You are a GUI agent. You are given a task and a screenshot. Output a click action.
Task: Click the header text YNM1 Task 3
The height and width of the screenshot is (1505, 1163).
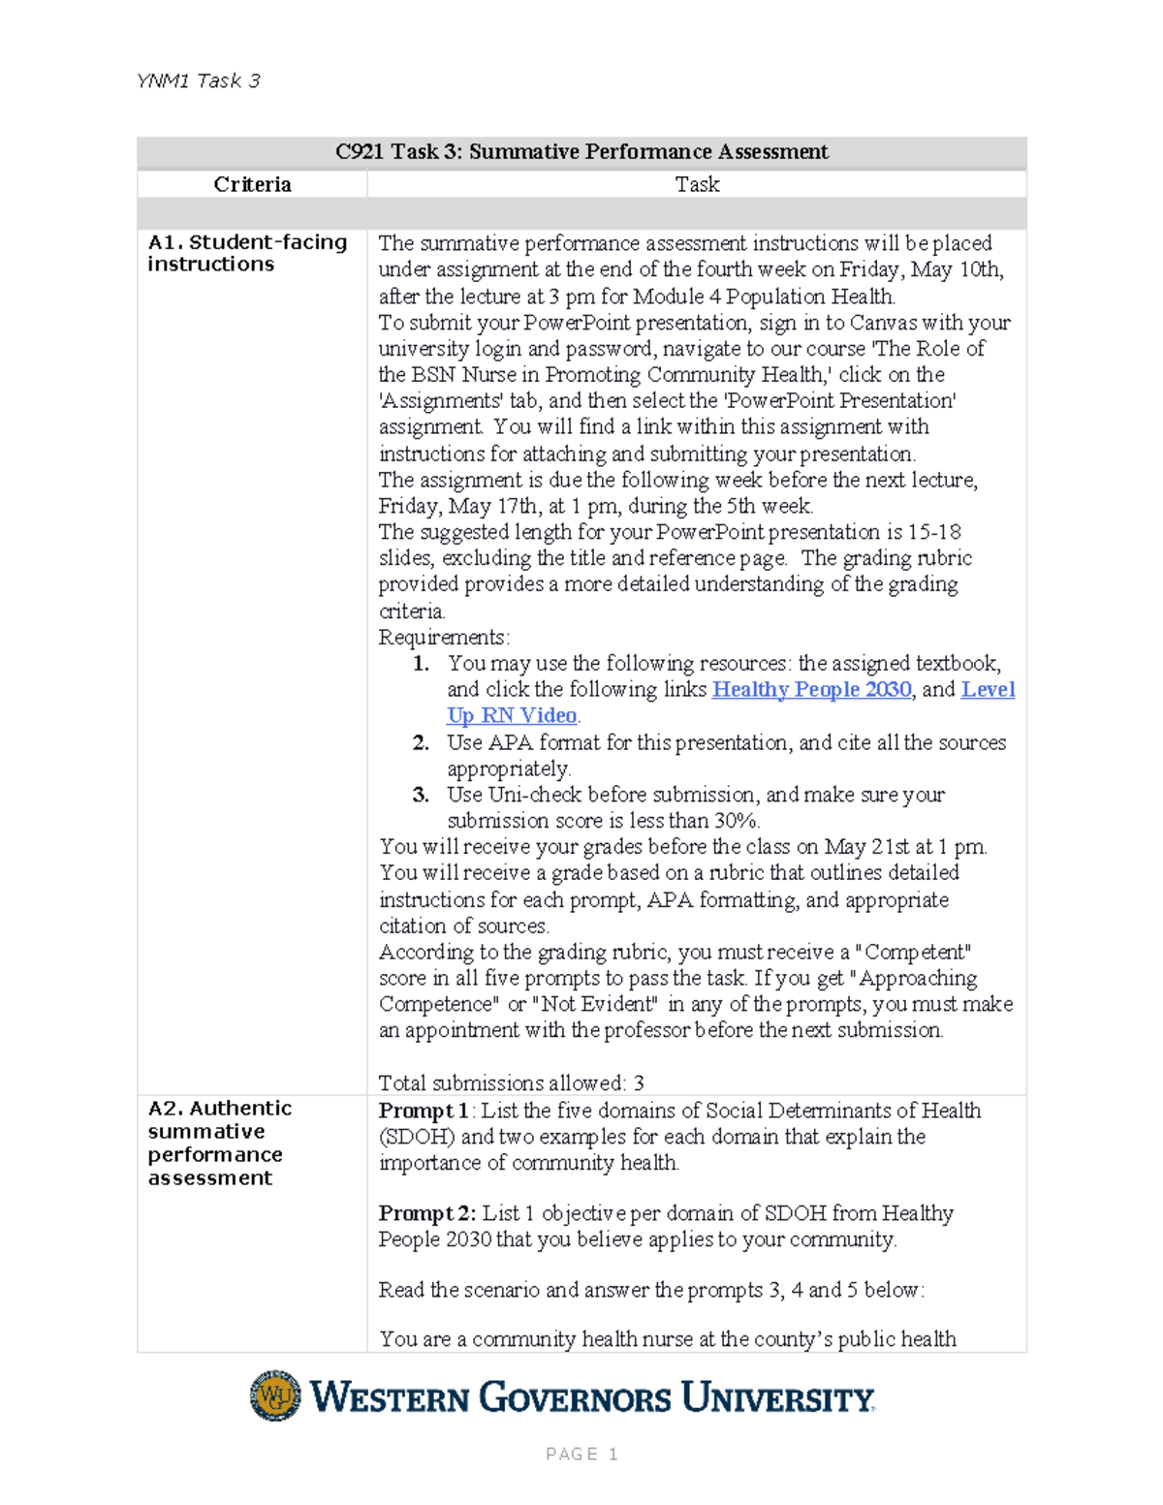click(x=199, y=81)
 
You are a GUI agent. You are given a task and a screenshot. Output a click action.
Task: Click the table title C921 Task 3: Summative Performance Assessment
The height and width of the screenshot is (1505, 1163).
click(x=581, y=152)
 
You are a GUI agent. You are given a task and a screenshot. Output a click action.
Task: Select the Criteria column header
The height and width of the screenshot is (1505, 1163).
click(x=252, y=185)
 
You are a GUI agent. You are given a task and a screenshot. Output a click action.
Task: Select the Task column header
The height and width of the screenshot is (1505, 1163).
click(x=697, y=185)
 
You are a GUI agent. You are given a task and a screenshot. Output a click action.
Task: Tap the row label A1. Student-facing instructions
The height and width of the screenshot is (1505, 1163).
click(x=247, y=253)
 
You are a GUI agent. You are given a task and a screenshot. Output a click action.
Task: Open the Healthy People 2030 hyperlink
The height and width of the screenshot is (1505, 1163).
click(x=811, y=689)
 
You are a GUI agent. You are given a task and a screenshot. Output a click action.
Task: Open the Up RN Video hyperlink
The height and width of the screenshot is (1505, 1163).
click(x=512, y=715)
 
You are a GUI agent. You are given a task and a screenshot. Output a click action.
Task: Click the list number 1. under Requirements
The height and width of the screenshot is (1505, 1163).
click(x=420, y=664)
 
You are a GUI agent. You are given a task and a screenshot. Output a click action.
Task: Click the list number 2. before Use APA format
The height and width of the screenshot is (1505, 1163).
click(x=420, y=742)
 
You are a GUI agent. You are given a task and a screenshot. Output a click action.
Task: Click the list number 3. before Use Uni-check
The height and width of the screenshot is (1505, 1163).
click(x=420, y=795)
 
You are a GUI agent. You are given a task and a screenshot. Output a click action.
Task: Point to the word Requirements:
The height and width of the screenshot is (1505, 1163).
click(x=443, y=637)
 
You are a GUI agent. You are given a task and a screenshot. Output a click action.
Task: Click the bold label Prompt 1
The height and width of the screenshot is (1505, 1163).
click(x=424, y=1111)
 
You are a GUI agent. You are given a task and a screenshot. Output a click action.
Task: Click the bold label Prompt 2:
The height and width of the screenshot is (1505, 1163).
click(x=426, y=1213)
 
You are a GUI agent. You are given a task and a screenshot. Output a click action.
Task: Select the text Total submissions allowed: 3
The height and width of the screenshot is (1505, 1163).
click(x=511, y=1082)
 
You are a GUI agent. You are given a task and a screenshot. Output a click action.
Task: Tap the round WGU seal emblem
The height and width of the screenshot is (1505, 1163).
click(x=275, y=1395)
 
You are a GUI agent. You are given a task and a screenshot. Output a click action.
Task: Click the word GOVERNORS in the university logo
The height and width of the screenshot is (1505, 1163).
click(x=575, y=1398)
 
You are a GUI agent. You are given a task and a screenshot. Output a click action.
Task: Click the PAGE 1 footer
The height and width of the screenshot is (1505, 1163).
click(x=581, y=1454)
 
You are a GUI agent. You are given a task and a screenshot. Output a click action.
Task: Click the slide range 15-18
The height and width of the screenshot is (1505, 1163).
click(x=934, y=532)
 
